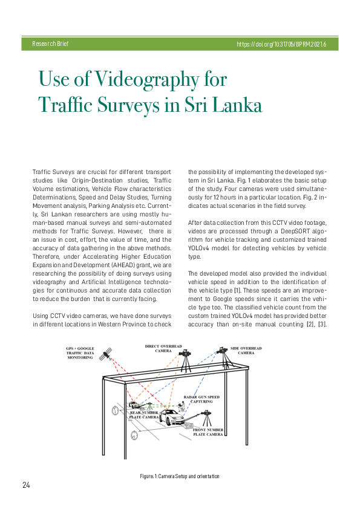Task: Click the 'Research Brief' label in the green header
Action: click(50, 44)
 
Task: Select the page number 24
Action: click(27, 485)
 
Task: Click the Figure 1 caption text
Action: click(180, 476)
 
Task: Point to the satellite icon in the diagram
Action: click(107, 354)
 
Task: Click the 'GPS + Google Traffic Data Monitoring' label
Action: click(80, 353)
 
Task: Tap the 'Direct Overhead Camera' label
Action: click(163, 348)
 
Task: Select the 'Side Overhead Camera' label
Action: click(246, 351)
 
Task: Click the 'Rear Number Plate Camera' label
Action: click(144, 415)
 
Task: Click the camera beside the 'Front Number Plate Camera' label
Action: click(207, 417)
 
